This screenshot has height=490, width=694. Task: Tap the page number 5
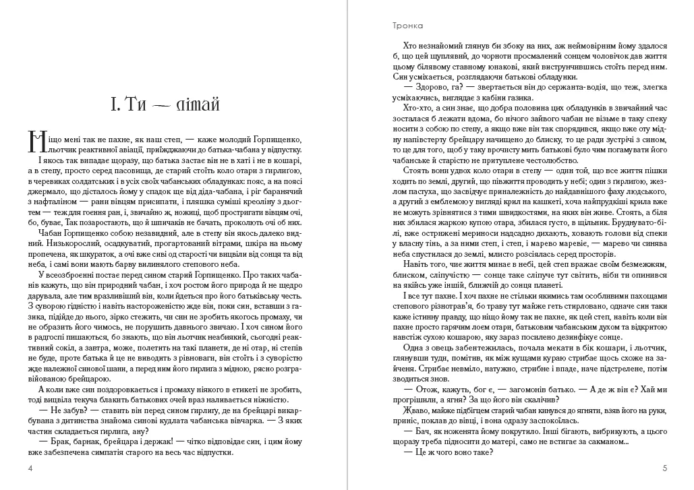click(x=664, y=468)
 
